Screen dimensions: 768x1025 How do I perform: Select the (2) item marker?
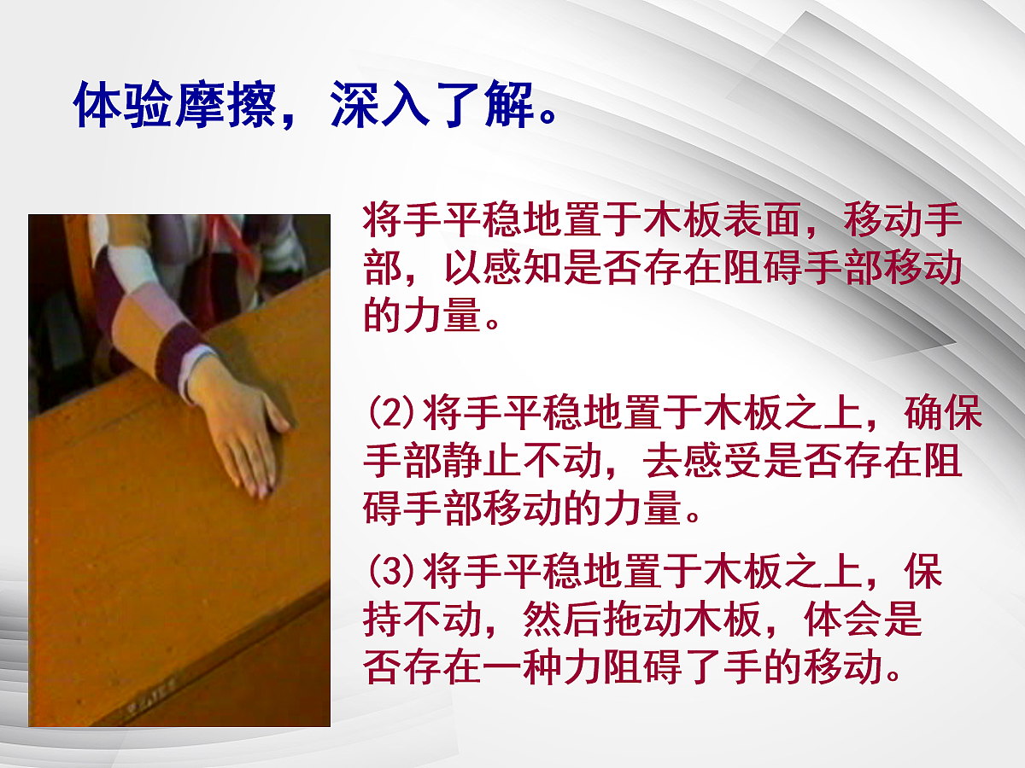tap(391, 416)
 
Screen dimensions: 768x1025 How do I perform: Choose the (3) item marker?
tap(391, 572)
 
